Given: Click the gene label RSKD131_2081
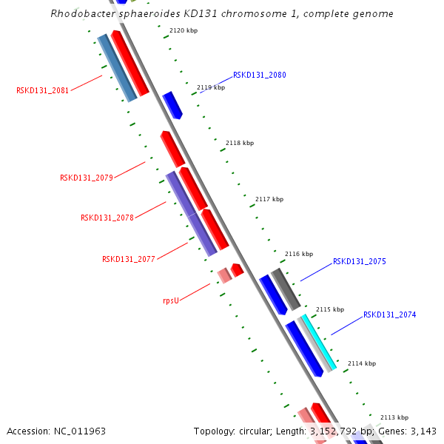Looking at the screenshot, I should click(x=43, y=91).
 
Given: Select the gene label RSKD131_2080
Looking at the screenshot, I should click(x=259, y=75).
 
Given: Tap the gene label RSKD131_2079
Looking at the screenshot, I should click(x=87, y=178).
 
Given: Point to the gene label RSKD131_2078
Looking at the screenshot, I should click(x=107, y=218).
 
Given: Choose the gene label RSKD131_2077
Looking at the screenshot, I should click(x=129, y=259).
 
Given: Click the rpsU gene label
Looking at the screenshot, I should click(x=171, y=301).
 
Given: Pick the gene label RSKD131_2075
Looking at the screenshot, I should click(x=359, y=262).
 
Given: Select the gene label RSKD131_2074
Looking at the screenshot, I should click(x=389, y=315).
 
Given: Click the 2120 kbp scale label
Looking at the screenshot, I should click(x=184, y=30).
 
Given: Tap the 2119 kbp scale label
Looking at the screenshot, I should click(x=211, y=87).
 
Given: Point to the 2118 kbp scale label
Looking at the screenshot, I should click(x=240, y=143).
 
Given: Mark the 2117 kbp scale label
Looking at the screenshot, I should click(x=269, y=199).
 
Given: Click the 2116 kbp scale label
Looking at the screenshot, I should click(x=299, y=254).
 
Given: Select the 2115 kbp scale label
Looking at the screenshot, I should click(x=330, y=309).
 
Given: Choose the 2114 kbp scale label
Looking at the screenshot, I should click(x=362, y=363).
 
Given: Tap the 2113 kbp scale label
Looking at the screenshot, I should click(x=394, y=417).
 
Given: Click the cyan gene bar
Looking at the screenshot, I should click(x=319, y=342).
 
